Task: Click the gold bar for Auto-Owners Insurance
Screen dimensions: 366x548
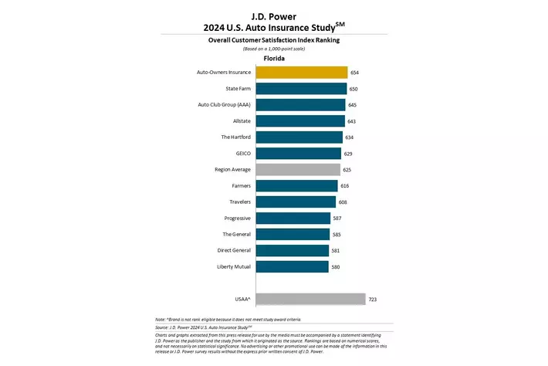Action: click(301, 73)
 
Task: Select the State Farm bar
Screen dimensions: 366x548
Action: click(300, 89)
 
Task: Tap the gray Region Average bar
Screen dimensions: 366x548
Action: click(297, 169)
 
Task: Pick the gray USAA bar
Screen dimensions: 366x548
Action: click(310, 299)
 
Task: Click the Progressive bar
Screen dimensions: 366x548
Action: click(293, 218)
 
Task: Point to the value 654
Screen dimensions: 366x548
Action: click(354, 73)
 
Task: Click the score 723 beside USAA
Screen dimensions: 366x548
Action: click(373, 299)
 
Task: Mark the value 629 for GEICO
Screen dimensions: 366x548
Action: click(348, 154)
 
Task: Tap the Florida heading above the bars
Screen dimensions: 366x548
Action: click(274, 58)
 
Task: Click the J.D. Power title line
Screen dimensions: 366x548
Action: click(274, 15)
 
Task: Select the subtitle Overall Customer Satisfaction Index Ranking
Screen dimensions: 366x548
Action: click(274, 39)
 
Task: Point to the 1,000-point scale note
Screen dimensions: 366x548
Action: click(274, 48)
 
